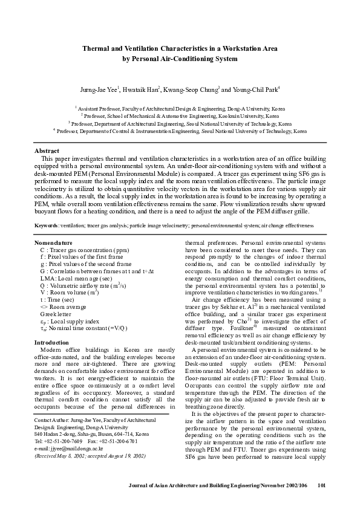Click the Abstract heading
pyautogui.click(x=47, y=149)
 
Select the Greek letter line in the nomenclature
pyautogui.click(x=56, y=314)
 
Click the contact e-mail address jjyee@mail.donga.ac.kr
pyautogui.click(x=76, y=449)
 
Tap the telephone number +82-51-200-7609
pyautogui.click(x=64, y=441)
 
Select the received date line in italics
pyautogui.click(x=90, y=456)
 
